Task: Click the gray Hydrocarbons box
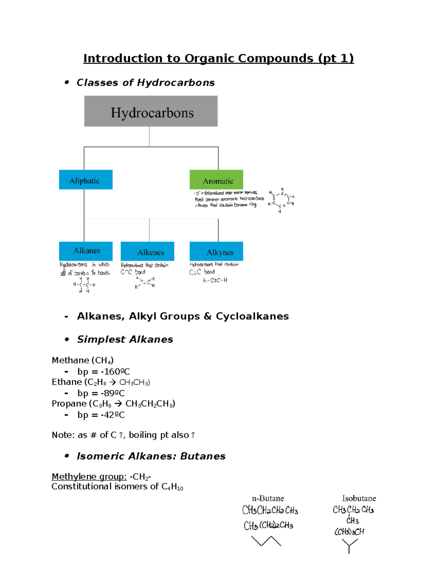coord(151,111)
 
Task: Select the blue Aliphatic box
coord(86,180)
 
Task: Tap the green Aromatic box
coord(216,180)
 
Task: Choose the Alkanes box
coord(86,251)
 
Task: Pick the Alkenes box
coord(147,251)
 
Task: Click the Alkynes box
coord(216,251)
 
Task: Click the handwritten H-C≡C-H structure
coord(215,280)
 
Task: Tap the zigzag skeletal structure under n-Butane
coord(266,541)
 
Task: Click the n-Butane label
coord(268,498)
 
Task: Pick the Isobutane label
coord(359,498)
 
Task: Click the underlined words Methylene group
coord(89,477)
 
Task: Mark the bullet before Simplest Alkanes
coord(67,339)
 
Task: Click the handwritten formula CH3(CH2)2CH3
coord(268,526)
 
